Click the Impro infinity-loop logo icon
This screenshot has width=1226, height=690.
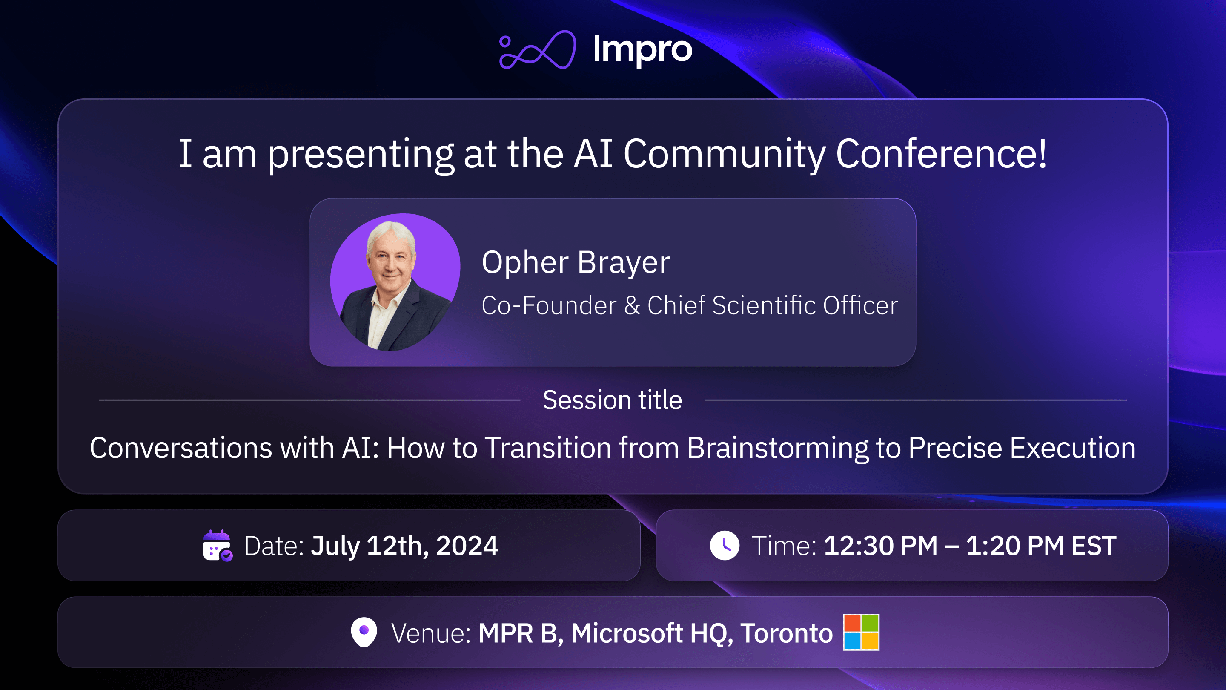coord(537,50)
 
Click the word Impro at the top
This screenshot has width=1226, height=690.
coord(642,49)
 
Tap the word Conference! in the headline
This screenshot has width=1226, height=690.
coord(941,153)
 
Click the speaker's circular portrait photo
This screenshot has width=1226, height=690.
coord(395,282)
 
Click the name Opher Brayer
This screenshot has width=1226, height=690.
coord(576,262)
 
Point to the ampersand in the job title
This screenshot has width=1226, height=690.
coord(632,305)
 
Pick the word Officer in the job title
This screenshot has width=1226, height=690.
coord(860,305)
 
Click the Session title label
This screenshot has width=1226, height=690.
coord(612,400)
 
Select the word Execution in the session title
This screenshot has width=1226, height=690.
coord(1073,448)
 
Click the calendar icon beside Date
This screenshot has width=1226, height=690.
coord(217,546)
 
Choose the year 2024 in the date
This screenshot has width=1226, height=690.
coord(467,546)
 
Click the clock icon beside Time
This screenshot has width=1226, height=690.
coord(725,546)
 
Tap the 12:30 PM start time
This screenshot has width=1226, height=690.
coord(880,546)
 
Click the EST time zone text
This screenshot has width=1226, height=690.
coord(1093,546)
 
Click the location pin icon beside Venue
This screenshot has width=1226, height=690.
coord(364,632)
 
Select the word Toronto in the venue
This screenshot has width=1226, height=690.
coord(786,633)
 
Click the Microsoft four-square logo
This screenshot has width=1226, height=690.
coord(861,632)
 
